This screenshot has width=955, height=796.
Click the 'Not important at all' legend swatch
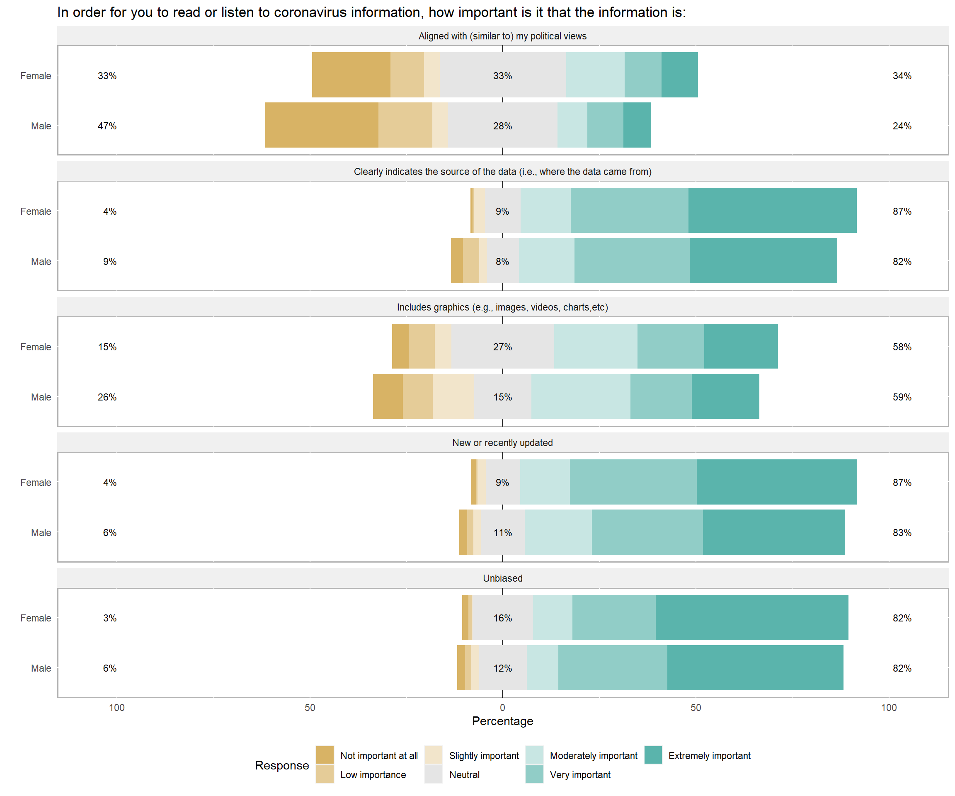point(325,755)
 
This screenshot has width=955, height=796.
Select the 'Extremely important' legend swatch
point(653,755)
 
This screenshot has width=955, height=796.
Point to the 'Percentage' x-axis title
point(502,721)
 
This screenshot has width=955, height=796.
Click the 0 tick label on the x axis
point(502,708)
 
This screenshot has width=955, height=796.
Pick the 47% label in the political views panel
point(107,126)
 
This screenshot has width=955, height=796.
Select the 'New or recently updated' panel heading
point(502,443)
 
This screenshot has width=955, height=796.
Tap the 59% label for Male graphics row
point(902,397)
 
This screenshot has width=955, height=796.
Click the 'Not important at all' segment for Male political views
point(322,125)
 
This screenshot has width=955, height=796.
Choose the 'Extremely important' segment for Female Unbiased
point(752,618)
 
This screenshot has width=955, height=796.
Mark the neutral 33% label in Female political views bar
point(502,76)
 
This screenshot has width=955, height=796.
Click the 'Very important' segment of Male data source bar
point(632,261)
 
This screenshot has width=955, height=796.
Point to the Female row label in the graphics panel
point(36,347)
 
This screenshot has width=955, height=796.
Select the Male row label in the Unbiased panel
point(41,668)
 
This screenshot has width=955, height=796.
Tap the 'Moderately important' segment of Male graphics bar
point(581,396)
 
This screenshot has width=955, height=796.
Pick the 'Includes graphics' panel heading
point(502,307)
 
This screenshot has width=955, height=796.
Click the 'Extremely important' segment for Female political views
point(679,75)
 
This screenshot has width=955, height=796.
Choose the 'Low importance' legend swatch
point(325,774)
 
